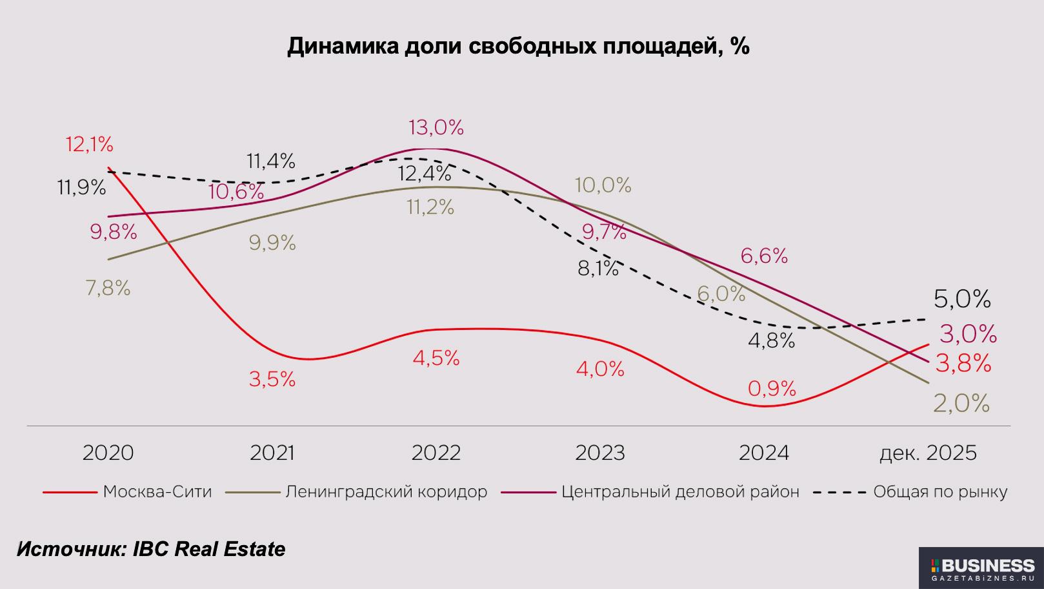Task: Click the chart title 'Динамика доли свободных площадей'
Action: pos(518,46)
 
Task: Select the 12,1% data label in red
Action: pos(89,144)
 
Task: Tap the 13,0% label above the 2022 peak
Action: pos(436,128)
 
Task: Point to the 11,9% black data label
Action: pos(81,188)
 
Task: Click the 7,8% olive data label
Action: pos(108,288)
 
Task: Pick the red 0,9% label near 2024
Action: pos(772,389)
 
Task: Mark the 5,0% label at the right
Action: pos(961,299)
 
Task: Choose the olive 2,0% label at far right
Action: pos(961,404)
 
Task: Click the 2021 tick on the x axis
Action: pos(272,453)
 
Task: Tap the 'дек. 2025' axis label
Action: pos(928,453)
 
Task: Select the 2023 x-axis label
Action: pos(600,453)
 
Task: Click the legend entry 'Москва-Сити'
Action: pos(157,492)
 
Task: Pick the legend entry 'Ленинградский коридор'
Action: pos(386,492)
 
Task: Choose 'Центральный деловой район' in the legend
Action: pos(680,492)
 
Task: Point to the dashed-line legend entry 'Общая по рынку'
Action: pos(939,492)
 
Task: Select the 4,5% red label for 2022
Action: pos(436,358)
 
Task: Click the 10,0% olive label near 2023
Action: pos(603,186)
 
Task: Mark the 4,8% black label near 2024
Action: pos(771,340)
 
